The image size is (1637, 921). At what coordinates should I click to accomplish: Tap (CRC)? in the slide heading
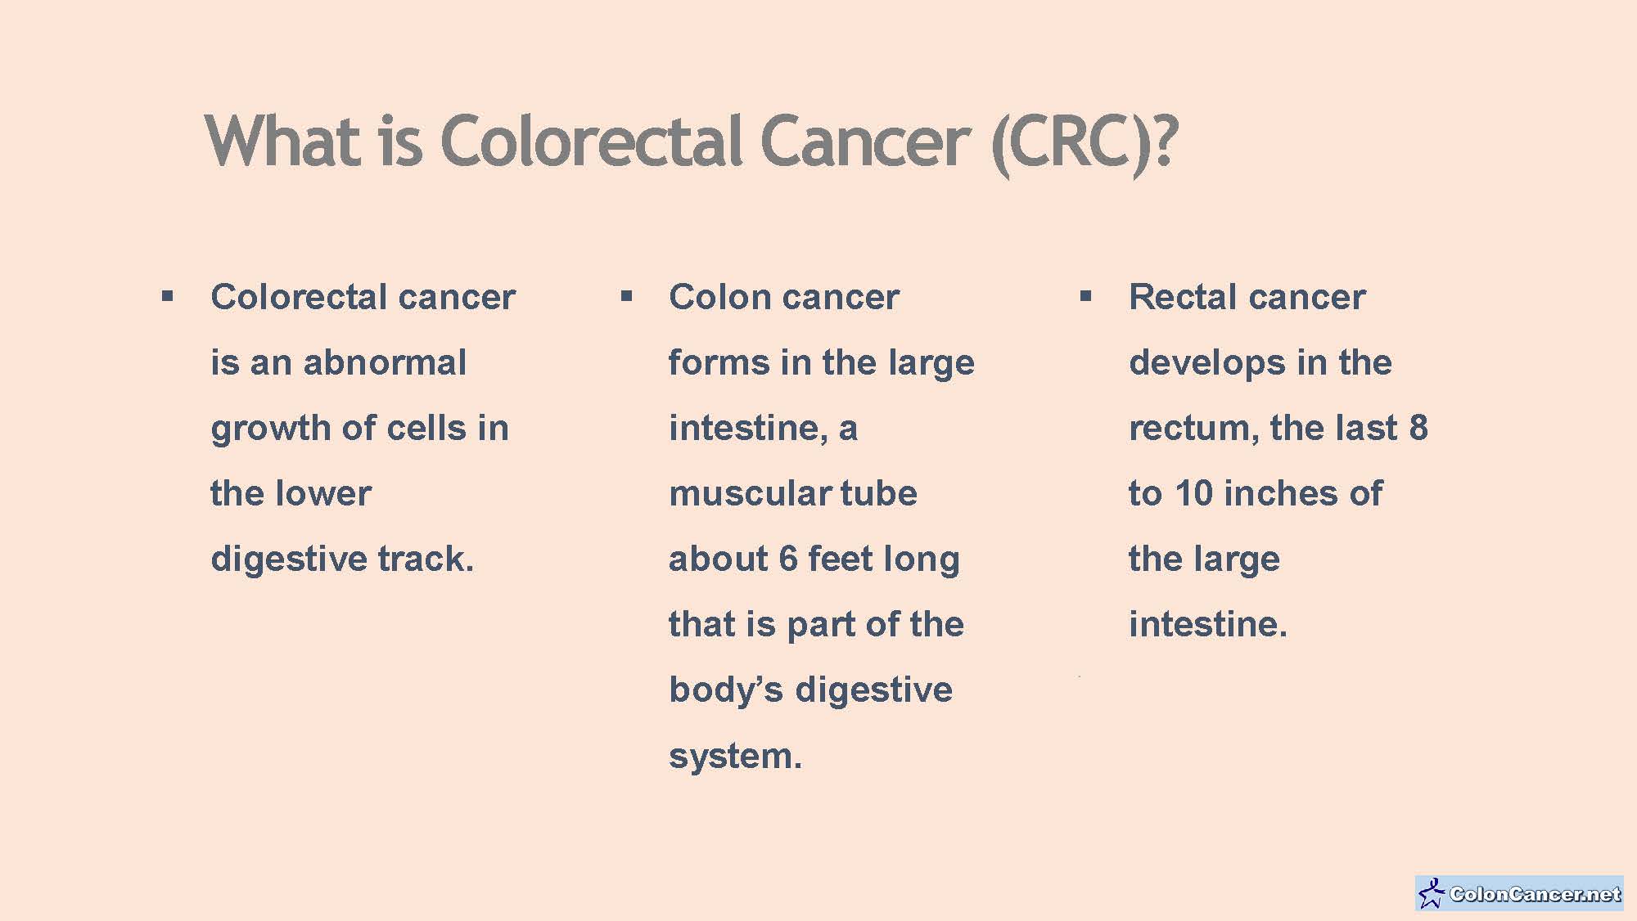(x=1084, y=144)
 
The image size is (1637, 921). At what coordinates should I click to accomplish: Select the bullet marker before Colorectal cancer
(x=168, y=295)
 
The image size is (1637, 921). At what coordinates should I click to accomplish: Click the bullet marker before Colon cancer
(x=626, y=295)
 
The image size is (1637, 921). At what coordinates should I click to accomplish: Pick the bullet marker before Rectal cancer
(x=1085, y=295)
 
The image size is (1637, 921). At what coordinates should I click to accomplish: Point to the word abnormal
(x=385, y=362)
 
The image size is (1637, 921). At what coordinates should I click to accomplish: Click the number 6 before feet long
(x=787, y=559)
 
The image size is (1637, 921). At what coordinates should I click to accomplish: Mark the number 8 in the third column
(x=1418, y=428)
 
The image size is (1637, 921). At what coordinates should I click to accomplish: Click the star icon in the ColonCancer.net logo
(x=1432, y=893)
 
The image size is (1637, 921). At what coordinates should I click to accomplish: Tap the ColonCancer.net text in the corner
(x=1534, y=894)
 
